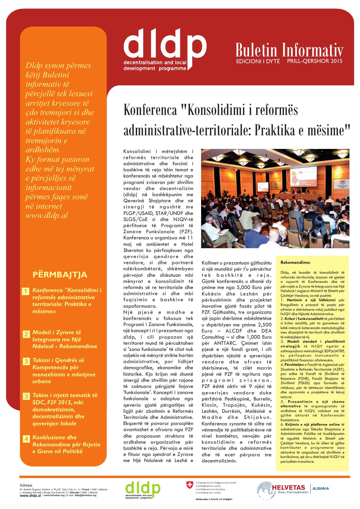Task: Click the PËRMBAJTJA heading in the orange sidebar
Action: (x=60, y=275)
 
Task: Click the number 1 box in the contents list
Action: (x=26, y=291)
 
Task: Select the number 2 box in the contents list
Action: (x=26, y=334)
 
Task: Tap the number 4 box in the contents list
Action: (x=26, y=439)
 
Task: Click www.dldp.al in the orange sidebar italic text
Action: (x=43, y=216)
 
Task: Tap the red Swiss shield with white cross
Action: (x=189, y=485)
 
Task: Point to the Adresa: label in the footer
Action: (x=27, y=485)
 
